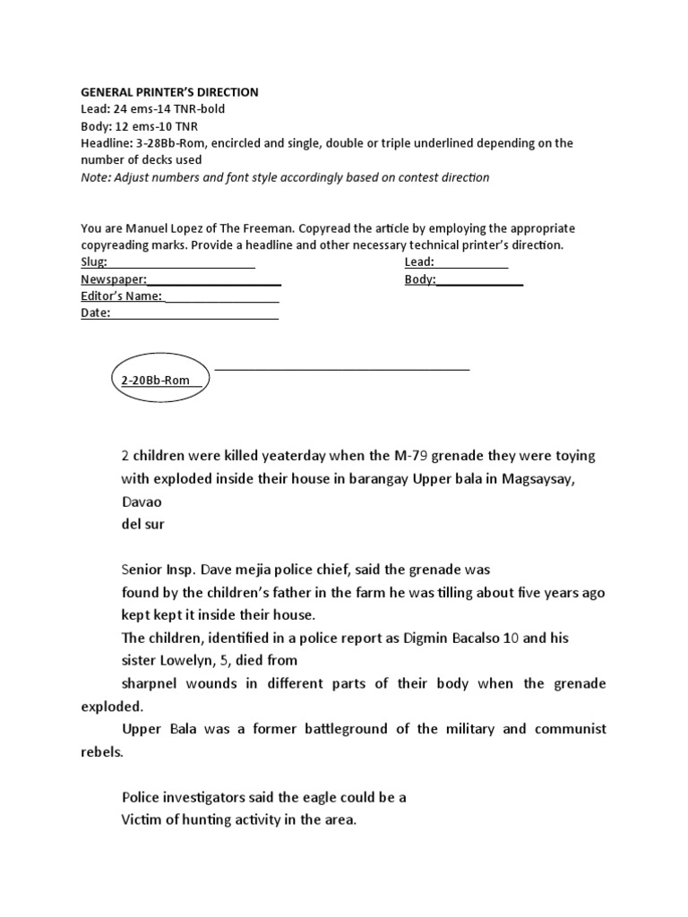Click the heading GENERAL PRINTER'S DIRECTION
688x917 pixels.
coord(169,92)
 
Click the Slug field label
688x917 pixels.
coord(94,261)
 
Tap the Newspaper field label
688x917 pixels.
coord(114,279)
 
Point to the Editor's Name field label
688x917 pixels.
coord(121,296)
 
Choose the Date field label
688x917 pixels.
coord(96,313)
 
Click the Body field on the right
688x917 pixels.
coord(420,279)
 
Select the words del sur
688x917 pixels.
coord(143,524)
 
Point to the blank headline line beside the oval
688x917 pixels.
coord(342,368)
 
